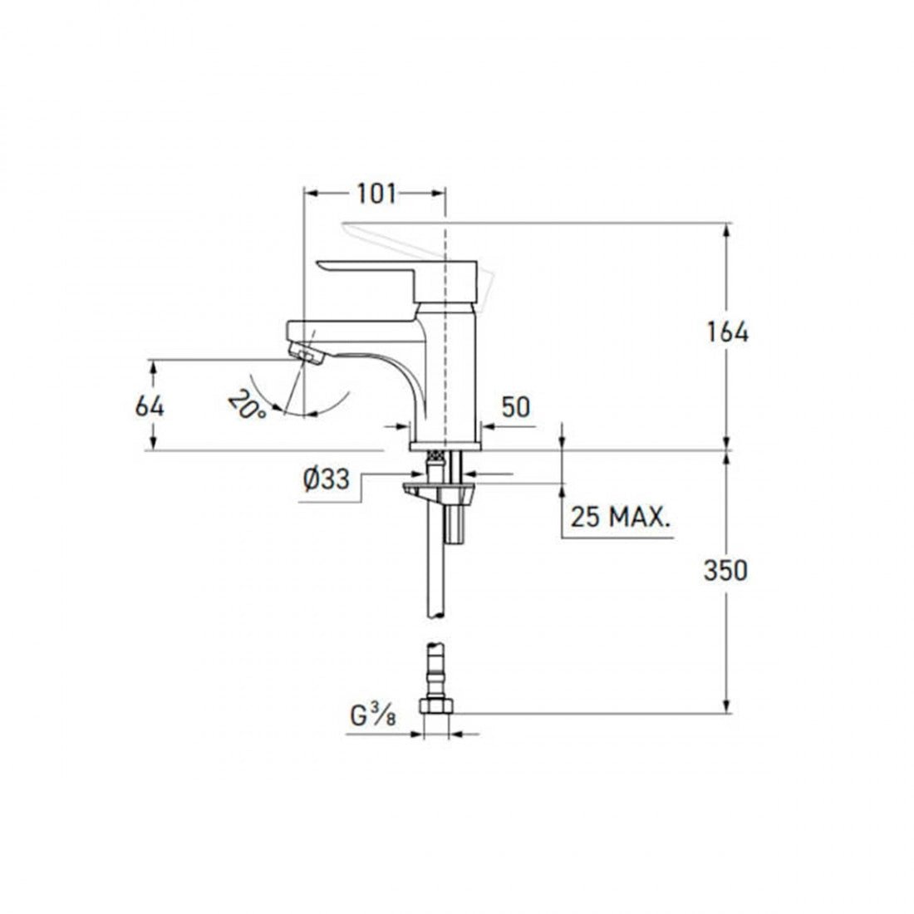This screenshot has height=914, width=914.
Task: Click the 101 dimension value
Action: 376,194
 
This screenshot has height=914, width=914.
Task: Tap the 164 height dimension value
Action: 728,332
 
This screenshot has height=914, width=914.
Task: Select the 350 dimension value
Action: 725,571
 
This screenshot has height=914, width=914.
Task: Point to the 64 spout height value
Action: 150,406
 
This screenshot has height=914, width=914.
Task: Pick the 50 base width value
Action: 516,407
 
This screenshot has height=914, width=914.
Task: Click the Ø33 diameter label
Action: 327,479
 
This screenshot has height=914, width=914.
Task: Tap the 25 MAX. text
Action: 620,517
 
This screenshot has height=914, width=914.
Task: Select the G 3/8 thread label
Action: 373,715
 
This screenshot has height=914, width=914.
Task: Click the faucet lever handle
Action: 397,275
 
